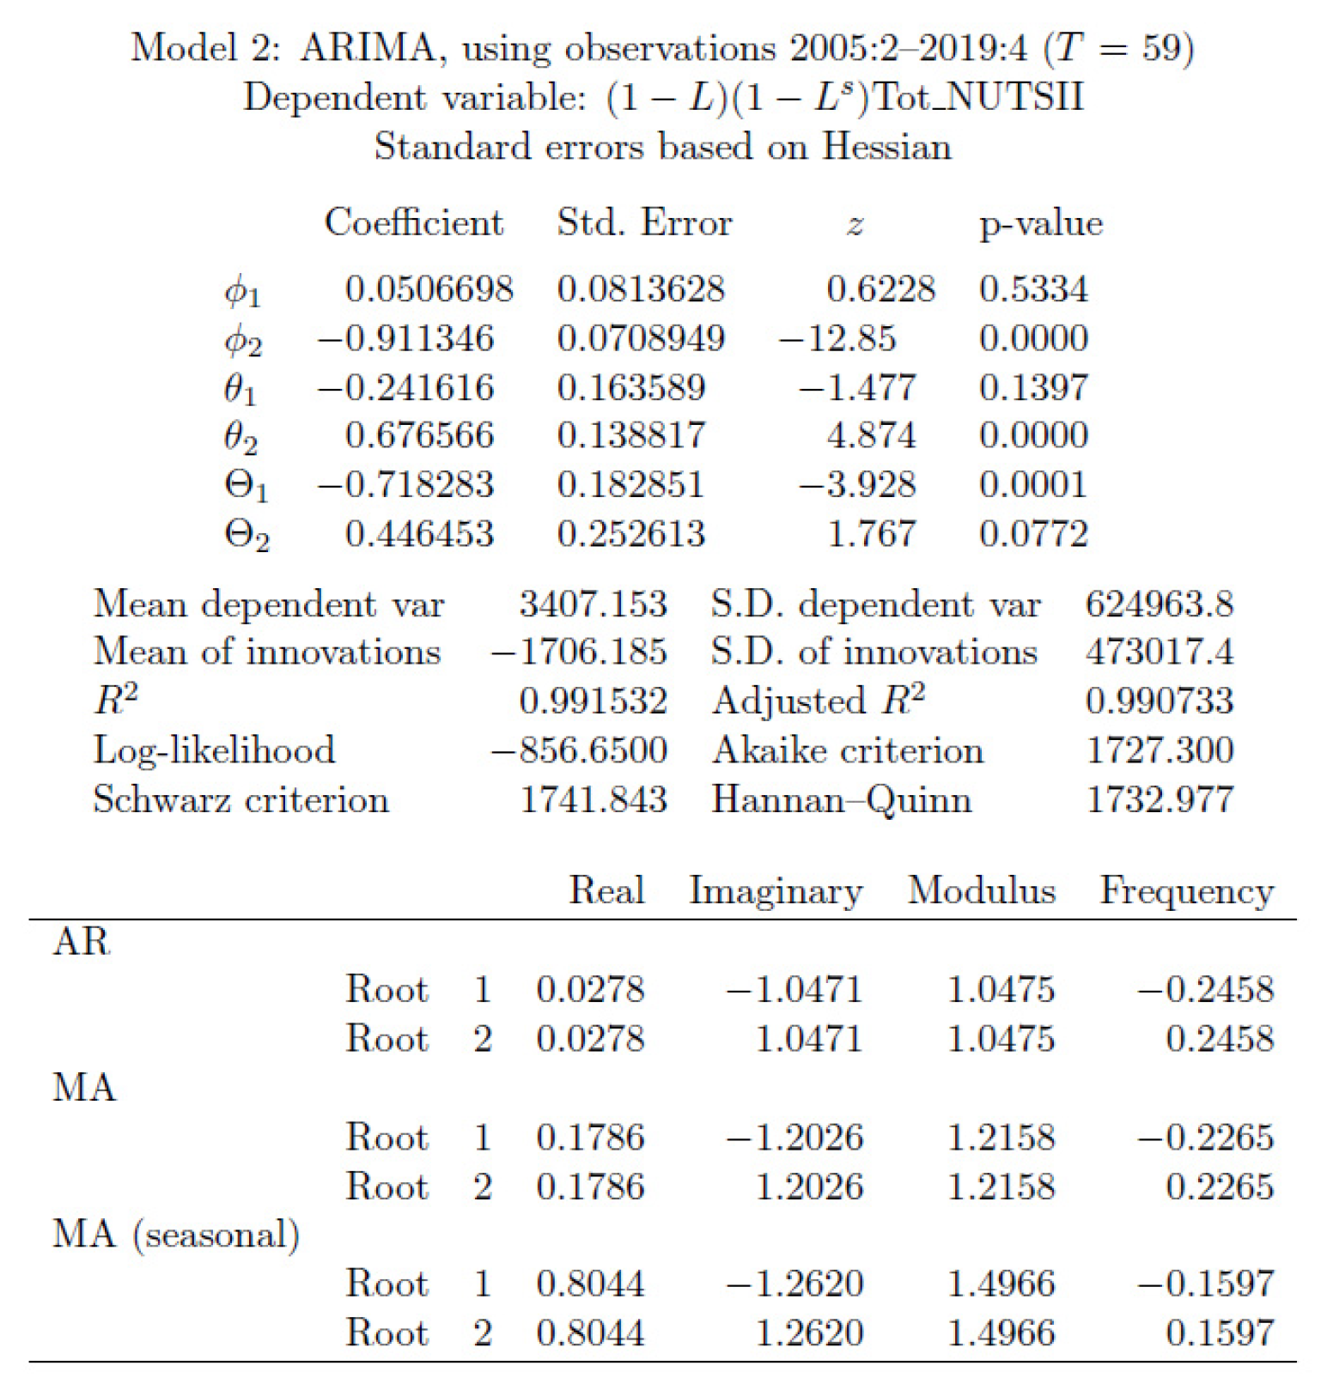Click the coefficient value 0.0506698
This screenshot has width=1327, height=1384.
(x=429, y=289)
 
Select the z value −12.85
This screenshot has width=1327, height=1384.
(x=837, y=338)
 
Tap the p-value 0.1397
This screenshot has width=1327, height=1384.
(x=1033, y=387)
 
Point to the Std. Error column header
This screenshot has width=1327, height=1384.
(x=644, y=223)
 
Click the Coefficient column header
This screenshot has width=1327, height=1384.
(x=413, y=223)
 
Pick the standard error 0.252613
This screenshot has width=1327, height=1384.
(x=630, y=534)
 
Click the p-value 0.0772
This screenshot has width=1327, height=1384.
(x=1033, y=534)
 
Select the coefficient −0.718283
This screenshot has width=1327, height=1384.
(x=405, y=485)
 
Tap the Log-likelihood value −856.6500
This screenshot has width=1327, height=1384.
(x=579, y=750)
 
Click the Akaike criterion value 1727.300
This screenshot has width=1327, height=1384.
(x=1160, y=750)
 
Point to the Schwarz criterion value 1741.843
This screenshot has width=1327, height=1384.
(x=593, y=800)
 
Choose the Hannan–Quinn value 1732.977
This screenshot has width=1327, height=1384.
(x=1160, y=800)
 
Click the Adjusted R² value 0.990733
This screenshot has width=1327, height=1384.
(x=1160, y=701)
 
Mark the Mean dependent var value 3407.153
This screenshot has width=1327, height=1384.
(x=593, y=604)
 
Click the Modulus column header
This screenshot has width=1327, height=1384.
(x=981, y=890)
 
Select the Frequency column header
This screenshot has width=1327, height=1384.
(x=1186, y=890)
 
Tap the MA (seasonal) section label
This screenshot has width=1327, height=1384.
(x=176, y=1235)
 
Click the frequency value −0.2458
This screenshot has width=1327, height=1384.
(x=1206, y=990)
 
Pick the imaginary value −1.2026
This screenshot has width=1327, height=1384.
(x=794, y=1138)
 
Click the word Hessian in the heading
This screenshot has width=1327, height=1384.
(x=886, y=147)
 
